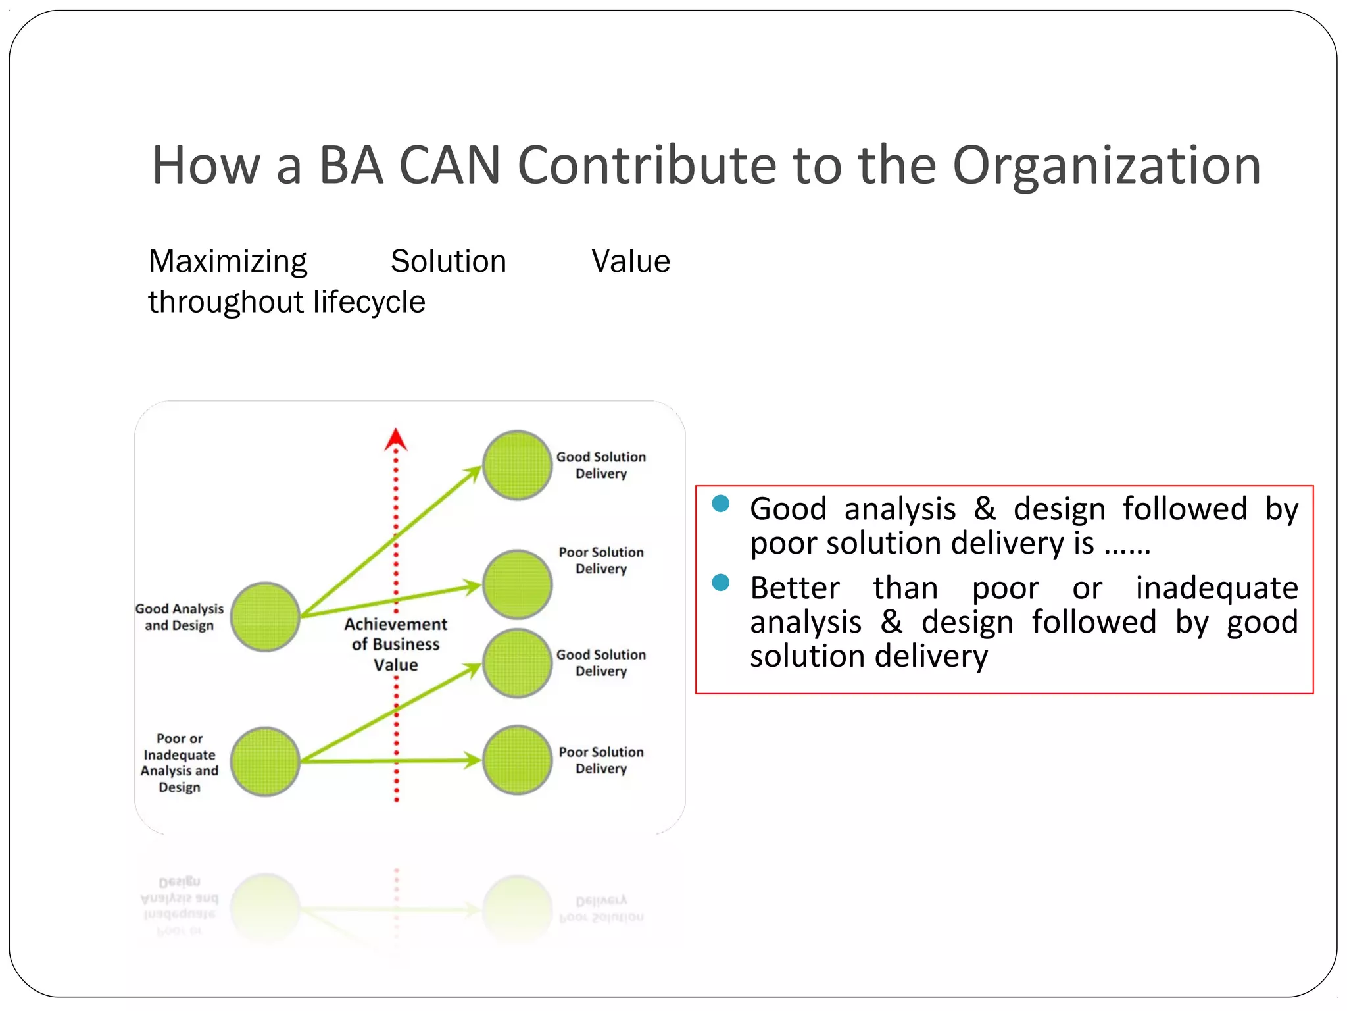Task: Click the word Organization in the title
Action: [x=1106, y=166]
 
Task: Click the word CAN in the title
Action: [x=450, y=166]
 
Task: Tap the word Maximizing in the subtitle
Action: [x=228, y=262]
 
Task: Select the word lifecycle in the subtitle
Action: [x=369, y=302]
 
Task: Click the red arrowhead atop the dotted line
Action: [x=395, y=440]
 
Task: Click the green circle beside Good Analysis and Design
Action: [x=265, y=617]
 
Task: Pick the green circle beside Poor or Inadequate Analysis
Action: [x=265, y=762]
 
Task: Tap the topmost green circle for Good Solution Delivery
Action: [x=517, y=465]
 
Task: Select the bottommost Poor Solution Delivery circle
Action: [x=517, y=760]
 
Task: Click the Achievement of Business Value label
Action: [x=395, y=644]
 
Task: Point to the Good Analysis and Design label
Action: [x=180, y=617]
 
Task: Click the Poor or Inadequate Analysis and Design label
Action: [x=180, y=762]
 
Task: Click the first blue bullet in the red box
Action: [x=721, y=504]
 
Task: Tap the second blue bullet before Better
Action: [x=721, y=583]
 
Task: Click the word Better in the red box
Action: [x=795, y=588]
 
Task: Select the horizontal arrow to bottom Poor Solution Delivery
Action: [x=388, y=761]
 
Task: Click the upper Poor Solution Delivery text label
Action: [x=600, y=560]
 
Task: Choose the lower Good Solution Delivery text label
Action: [x=600, y=663]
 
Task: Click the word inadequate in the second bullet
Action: [x=1216, y=588]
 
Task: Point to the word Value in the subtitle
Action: [x=630, y=262]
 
